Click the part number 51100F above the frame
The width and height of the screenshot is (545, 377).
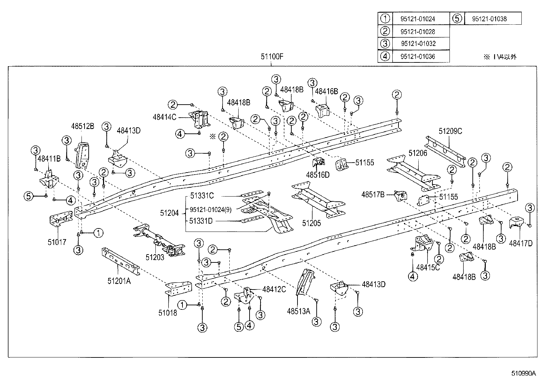tap(272, 57)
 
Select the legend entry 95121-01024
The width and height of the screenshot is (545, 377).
tap(418, 19)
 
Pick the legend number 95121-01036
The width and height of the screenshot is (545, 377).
tap(418, 57)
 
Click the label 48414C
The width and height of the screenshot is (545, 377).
tap(164, 117)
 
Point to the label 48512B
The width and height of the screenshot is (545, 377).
tap(83, 126)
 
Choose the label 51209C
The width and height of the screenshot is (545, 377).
tap(451, 131)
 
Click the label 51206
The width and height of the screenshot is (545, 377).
tap(418, 153)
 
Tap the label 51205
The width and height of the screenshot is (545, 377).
tap(312, 223)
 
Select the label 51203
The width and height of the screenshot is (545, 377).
tap(155, 257)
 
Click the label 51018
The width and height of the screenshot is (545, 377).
tap(168, 313)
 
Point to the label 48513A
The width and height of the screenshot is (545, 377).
tap(299, 311)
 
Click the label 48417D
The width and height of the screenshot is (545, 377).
tap(521, 243)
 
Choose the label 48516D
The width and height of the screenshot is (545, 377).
tap(318, 175)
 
